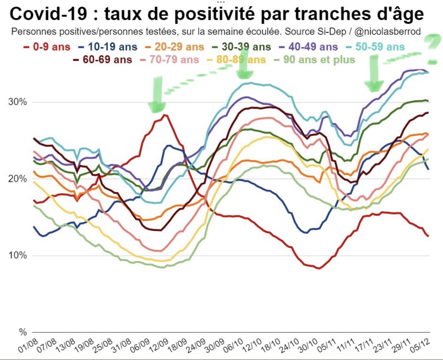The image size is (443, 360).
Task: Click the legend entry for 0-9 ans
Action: click(x=47, y=47)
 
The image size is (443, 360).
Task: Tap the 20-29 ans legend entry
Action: click(x=174, y=47)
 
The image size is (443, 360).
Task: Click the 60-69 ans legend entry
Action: click(x=103, y=60)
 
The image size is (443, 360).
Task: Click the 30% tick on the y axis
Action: click(x=18, y=102)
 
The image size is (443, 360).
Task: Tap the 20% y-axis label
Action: click(x=18, y=179)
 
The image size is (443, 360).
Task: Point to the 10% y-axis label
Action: click(x=18, y=256)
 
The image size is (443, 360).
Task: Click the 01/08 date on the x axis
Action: click(x=28, y=346)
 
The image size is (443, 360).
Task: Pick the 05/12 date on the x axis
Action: click(x=420, y=346)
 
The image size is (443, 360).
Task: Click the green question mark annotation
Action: click(x=433, y=49)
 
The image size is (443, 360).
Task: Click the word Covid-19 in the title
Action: click(x=48, y=14)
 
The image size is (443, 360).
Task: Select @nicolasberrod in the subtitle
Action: click(x=388, y=32)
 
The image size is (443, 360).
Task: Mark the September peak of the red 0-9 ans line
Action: click(x=165, y=114)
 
